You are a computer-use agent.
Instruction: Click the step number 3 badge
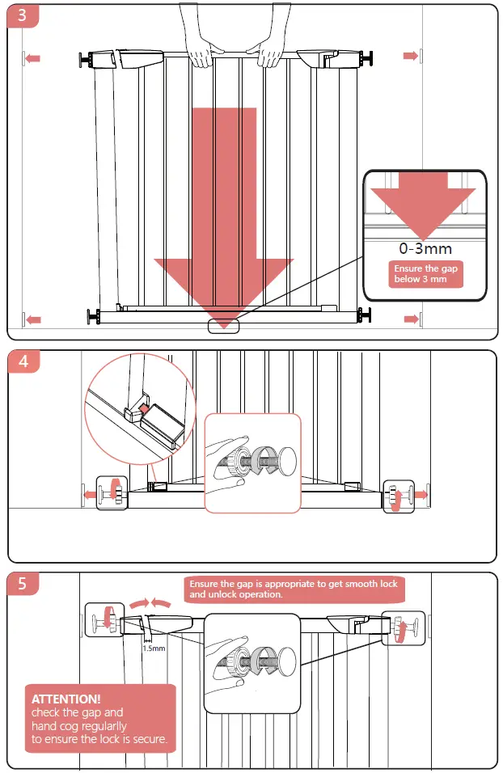22,17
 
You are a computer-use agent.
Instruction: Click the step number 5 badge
23,583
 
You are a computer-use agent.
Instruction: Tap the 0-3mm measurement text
425,248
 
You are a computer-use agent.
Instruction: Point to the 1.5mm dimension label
154,648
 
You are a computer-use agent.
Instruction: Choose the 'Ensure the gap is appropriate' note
294,589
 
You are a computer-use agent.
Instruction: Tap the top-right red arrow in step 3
411,55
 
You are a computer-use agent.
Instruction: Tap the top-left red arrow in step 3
32,58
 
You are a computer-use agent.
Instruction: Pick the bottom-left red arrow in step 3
32,320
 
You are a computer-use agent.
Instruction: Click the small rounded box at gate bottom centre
224,325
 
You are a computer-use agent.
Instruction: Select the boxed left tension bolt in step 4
112,492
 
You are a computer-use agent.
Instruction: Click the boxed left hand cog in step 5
105,621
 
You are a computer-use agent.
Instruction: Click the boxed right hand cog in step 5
398,627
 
